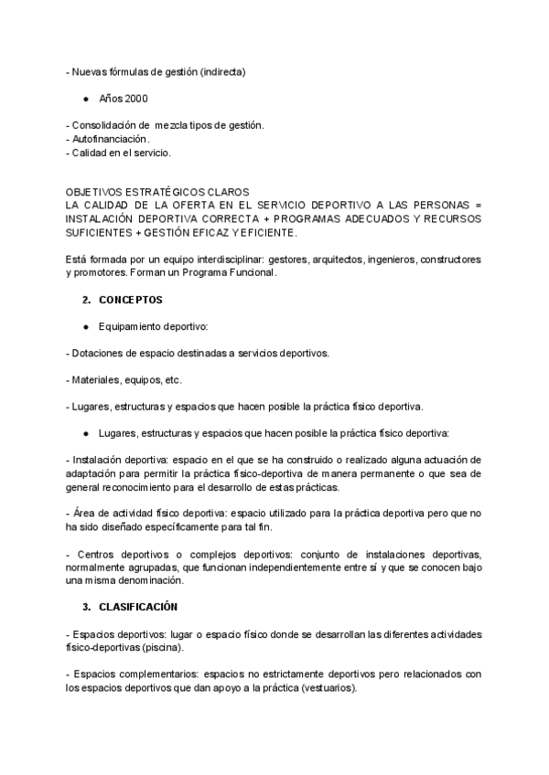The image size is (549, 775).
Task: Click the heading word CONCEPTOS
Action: click(x=131, y=300)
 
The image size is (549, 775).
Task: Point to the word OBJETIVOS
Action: click(x=95, y=192)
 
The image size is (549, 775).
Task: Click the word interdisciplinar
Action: click(x=219, y=260)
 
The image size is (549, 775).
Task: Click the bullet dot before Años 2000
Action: click(x=85, y=98)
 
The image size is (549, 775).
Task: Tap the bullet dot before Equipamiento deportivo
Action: click(x=85, y=326)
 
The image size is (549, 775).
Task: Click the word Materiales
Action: click(x=94, y=379)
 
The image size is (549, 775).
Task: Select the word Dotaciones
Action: click(x=97, y=353)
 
